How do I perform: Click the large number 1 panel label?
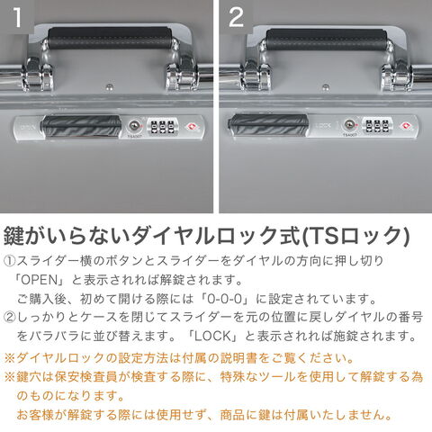[17, 17]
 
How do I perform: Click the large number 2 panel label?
[237, 17]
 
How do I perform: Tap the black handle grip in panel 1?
[110, 38]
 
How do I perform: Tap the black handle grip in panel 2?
[327, 39]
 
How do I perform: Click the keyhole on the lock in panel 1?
[134, 125]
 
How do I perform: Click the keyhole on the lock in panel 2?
[349, 124]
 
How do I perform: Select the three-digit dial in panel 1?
[162, 126]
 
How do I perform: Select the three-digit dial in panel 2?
[377, 125]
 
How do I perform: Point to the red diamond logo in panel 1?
[191, 127]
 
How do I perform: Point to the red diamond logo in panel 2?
[406, 125]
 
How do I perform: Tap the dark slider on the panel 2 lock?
[268, 125]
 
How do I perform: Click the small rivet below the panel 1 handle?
[110, 87]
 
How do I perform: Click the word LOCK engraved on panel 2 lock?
[323, 126]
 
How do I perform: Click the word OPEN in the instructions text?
[40, 280]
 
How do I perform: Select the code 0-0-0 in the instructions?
[225, 299]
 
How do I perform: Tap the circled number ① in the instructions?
[9, 261]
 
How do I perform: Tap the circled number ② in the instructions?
[9, 318]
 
